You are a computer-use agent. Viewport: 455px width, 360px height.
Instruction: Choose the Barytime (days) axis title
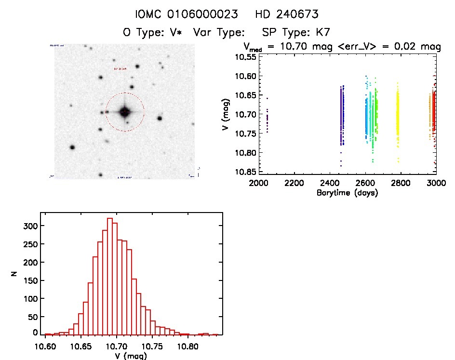click(x=348, y=193)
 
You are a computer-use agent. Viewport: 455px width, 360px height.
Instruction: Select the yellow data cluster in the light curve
click(x=398, y=116)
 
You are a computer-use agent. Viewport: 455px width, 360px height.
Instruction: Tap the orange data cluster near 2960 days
click(x=429, y=116)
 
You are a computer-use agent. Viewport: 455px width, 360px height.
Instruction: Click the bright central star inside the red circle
click(x=125, y=112)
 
